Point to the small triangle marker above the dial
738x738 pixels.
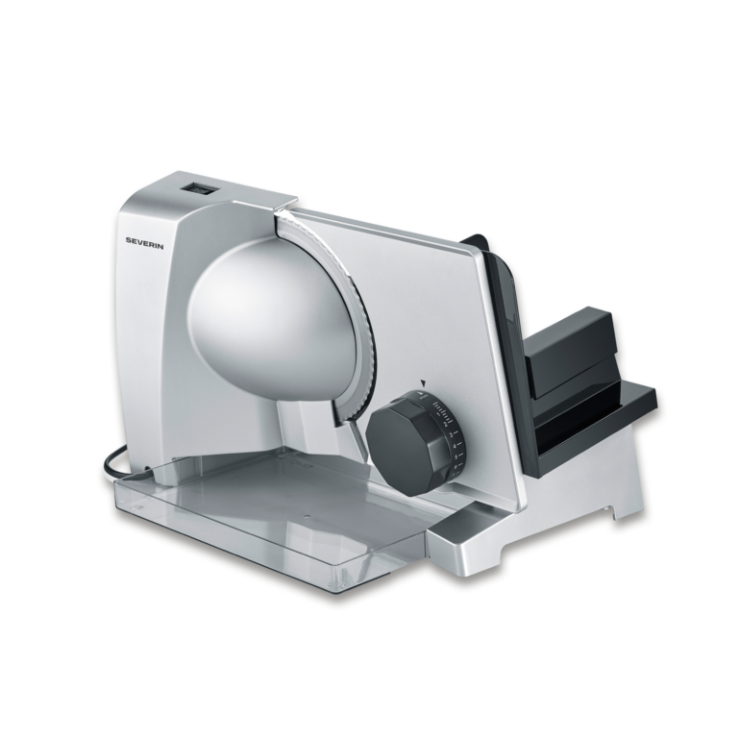[x=420, y=381]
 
